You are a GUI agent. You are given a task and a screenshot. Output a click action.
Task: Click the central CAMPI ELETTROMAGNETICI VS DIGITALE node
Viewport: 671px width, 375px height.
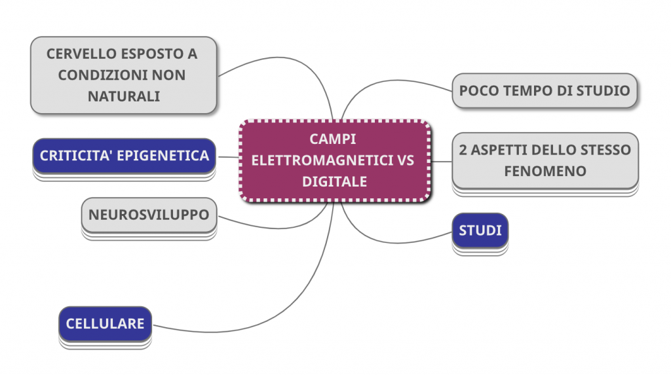coord(335,160)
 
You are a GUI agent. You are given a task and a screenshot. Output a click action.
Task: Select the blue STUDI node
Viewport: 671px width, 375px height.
coord(480,230)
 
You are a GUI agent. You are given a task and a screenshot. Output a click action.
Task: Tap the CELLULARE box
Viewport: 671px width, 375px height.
coord(105,323)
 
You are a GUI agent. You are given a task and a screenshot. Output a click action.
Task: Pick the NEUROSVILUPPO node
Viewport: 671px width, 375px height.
coord(149,215)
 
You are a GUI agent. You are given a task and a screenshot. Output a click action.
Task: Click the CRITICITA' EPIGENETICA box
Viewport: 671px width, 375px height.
coord(124,156)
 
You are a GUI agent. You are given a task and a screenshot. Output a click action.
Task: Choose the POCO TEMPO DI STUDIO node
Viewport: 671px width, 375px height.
coord(544,90)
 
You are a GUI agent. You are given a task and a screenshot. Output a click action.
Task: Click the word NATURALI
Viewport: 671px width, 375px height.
coord(123,96)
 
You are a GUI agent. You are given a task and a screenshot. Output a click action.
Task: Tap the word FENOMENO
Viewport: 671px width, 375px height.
coord(545,171)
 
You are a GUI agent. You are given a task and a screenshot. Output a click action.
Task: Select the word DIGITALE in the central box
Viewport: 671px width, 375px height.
coord(335,181)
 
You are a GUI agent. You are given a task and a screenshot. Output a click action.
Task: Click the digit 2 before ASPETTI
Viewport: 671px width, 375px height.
coord(463,150)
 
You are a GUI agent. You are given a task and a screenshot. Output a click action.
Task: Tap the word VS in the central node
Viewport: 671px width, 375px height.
coord(406,160)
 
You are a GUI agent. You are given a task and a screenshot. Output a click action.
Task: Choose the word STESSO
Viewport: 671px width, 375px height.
coord(604,150)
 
